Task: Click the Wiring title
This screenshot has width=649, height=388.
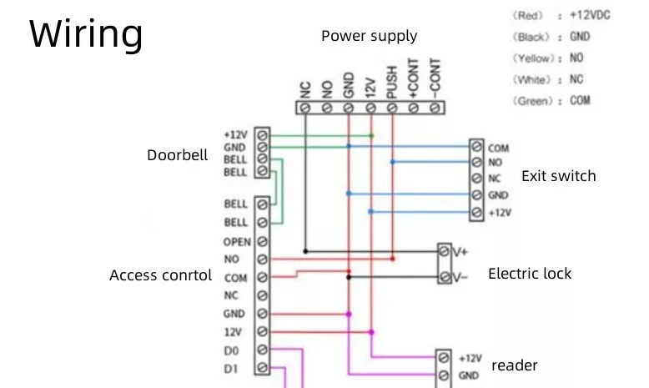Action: (x=86, y=35)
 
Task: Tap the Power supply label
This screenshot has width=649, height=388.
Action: (x=369, y=36)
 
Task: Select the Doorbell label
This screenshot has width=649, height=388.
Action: (x=177, y=155)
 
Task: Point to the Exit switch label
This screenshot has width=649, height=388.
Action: (x=558, y=176)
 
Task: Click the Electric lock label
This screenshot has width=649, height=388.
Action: (x=530, y=274)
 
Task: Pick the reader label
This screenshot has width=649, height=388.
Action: (x=515, y=365)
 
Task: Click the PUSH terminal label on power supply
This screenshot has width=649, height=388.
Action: (x=391, y=81)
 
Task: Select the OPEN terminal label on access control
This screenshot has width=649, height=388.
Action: (x=237, y=242)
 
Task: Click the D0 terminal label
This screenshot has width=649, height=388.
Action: (x=231, y=349)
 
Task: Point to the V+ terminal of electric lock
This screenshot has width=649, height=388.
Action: (x=460, y=250)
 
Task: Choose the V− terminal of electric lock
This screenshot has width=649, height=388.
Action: (x=460, y=277)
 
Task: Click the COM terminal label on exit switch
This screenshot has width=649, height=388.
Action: (x=499, y=149)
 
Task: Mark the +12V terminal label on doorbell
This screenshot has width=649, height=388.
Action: (x=235, y=134)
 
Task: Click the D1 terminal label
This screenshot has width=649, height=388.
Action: (x=231, y=367)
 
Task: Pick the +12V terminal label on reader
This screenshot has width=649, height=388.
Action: (x=470, y=357)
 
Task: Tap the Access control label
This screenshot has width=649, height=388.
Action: (x=160, y=275)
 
